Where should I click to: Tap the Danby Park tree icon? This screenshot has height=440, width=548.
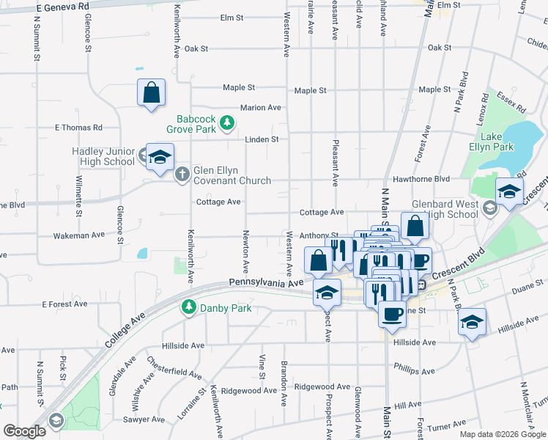coord(190,308)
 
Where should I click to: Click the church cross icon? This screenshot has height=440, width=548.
coord(182,175)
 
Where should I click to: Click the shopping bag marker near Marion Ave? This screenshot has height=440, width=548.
coord(151,93)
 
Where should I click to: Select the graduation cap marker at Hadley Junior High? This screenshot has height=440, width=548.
coord(159,157)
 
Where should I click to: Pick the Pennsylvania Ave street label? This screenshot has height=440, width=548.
coord(265,282)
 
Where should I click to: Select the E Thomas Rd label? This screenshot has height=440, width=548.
coord(78,128)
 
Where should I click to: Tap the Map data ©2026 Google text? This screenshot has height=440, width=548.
coord(502,434)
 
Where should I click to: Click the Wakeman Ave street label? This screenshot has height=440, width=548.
coord(79,235)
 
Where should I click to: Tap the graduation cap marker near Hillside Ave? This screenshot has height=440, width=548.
coord(473,322)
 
